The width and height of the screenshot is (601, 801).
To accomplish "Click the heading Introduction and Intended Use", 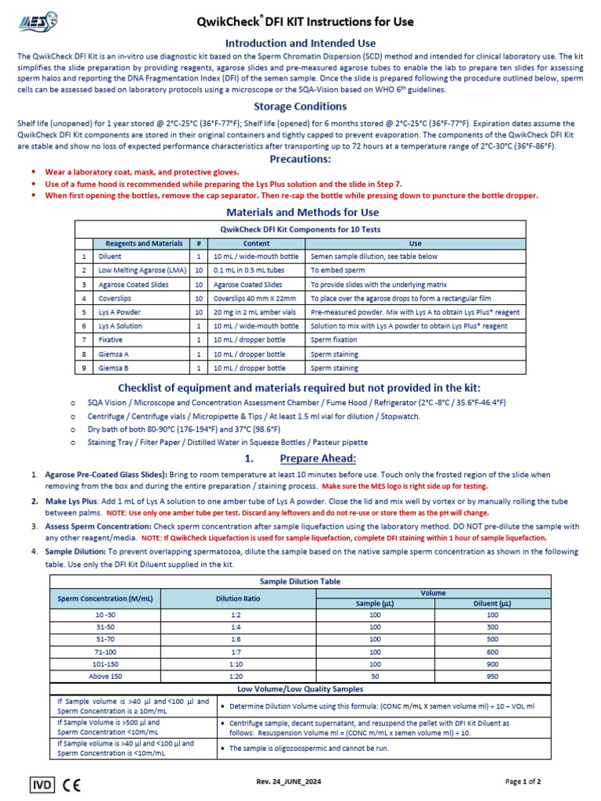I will coord(300,43).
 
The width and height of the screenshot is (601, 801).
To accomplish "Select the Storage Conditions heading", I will coord(300,106).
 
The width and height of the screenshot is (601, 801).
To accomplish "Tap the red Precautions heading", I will coord(300,159).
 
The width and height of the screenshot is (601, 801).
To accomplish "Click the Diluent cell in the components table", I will coord(110,257).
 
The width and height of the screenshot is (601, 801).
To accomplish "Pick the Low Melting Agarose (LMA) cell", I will coord(141,271).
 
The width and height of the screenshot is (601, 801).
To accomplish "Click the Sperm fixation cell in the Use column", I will coord(334,340).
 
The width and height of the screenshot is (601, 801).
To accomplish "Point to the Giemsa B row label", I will coord(113,368).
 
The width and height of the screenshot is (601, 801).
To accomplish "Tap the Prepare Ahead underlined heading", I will coord(317,458).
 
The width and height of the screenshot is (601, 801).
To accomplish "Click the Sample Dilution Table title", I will coord(300,583).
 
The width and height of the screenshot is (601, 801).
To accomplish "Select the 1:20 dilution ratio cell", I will coord(236,676).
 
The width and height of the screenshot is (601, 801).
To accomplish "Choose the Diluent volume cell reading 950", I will coord(492,676).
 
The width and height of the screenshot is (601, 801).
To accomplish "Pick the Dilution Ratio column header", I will coord(236,598).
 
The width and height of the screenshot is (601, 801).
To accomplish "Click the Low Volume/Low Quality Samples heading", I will coord(300,688).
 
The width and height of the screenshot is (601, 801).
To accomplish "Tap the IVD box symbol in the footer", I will coord(41,782).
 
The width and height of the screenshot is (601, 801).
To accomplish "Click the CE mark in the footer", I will coord(72,782).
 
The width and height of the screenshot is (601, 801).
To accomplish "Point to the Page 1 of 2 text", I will coord(523,781).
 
